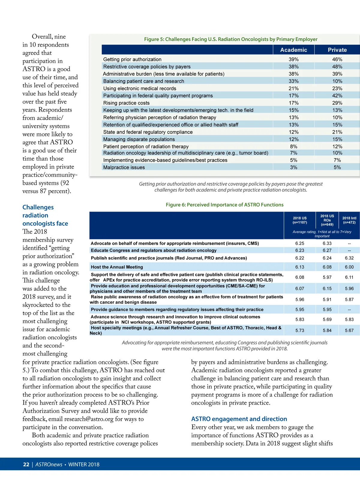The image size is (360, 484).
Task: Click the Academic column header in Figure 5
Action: click(293, 50)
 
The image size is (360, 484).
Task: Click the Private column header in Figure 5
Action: click(337, 50)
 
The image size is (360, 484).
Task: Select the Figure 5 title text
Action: click(230, 39)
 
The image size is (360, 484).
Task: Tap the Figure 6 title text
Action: click(224, 205)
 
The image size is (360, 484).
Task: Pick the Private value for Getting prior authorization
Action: click(337, 59)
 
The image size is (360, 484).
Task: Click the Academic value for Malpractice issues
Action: click(293, 167)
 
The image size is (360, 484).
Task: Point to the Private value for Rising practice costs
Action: click(337, 103)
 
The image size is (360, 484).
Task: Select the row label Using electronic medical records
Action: click(139, 89)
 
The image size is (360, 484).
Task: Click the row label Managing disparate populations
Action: click(139, 139)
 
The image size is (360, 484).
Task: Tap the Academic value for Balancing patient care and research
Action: click(293, 81)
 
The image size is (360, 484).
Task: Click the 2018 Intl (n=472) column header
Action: click(349, 220)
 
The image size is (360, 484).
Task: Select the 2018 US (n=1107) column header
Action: click(300, 220)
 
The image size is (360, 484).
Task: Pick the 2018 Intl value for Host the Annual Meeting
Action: click(349, 267)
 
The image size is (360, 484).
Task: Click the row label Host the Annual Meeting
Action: click(117, 267)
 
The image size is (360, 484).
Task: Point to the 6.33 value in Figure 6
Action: click(327, 243)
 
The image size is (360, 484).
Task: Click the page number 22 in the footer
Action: click(26, 464)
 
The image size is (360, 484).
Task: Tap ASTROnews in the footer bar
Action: click(49, 464)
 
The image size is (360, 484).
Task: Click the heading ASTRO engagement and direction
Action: click(239, 419)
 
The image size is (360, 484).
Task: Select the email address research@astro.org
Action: click(89, 419)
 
